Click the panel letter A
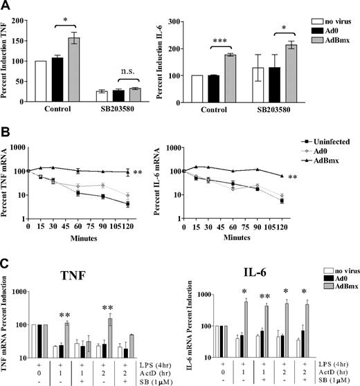click(x=6, y=7)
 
